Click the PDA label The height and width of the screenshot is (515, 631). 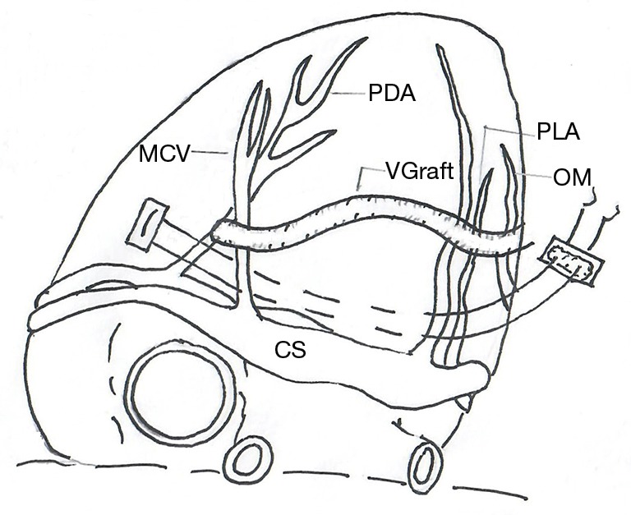coord(391,94)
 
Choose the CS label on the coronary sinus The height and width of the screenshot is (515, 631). coord(290,351)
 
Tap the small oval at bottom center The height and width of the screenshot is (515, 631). coord(247,460)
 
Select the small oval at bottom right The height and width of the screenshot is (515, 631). coord(426,467)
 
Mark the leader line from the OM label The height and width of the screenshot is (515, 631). coord(534,175)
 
